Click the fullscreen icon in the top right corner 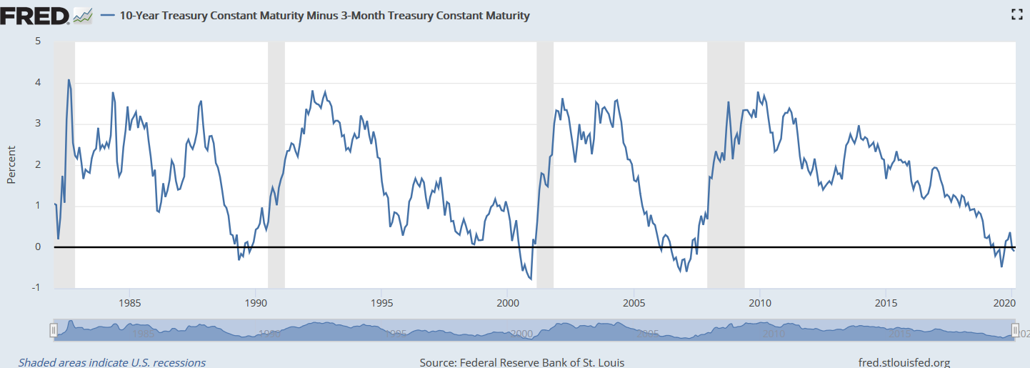(x=1017, y=14)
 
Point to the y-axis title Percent (x=11, y=164)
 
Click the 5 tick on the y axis (x=37, y=41)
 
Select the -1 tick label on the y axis (x=36, y=288)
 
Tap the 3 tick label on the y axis (x=37, y=124)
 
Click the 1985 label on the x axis (x=129, y=302)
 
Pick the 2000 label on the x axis (x=507, y=302)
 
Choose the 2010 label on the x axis (x=759, y=302)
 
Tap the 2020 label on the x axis (x=1010, y=302)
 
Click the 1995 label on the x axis (x=381, y=302)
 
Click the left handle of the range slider (x=53, y=330)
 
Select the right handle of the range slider (x=1015, y=330)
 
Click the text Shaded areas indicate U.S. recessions (x=112, y=362)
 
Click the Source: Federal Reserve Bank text (x=521, y=362)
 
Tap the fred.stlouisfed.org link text (x=904, y=362)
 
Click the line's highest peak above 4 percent (x=69, y=80)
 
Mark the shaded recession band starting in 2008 (x=726, y=164)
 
